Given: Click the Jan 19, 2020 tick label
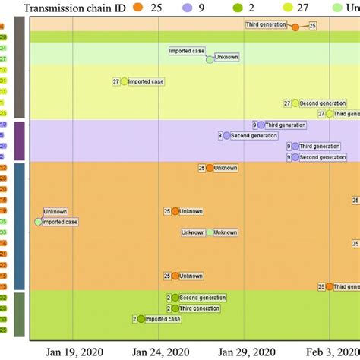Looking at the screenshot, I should coord(73,352).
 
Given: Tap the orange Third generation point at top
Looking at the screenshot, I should coord(295,27).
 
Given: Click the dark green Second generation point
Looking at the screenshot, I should coord(175,298).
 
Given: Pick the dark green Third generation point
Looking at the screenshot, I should coord(175,308).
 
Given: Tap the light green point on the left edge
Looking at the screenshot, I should coord(38,222).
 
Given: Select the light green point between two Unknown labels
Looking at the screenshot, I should coord(210,232).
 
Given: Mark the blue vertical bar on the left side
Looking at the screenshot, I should coord(20,225).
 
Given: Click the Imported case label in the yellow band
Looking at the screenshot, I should coord(145,81).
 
